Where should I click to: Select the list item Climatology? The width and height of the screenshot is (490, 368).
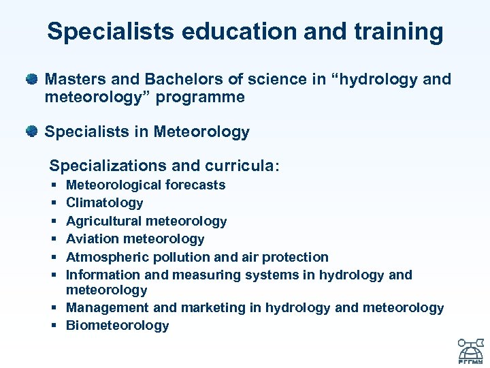pyautogui.click(x=104, y=202)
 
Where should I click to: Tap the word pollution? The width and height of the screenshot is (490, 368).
pyautogui.click(x=181, y=257)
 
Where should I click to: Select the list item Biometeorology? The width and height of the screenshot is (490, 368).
pyautogui.click(x=117, y=325)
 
